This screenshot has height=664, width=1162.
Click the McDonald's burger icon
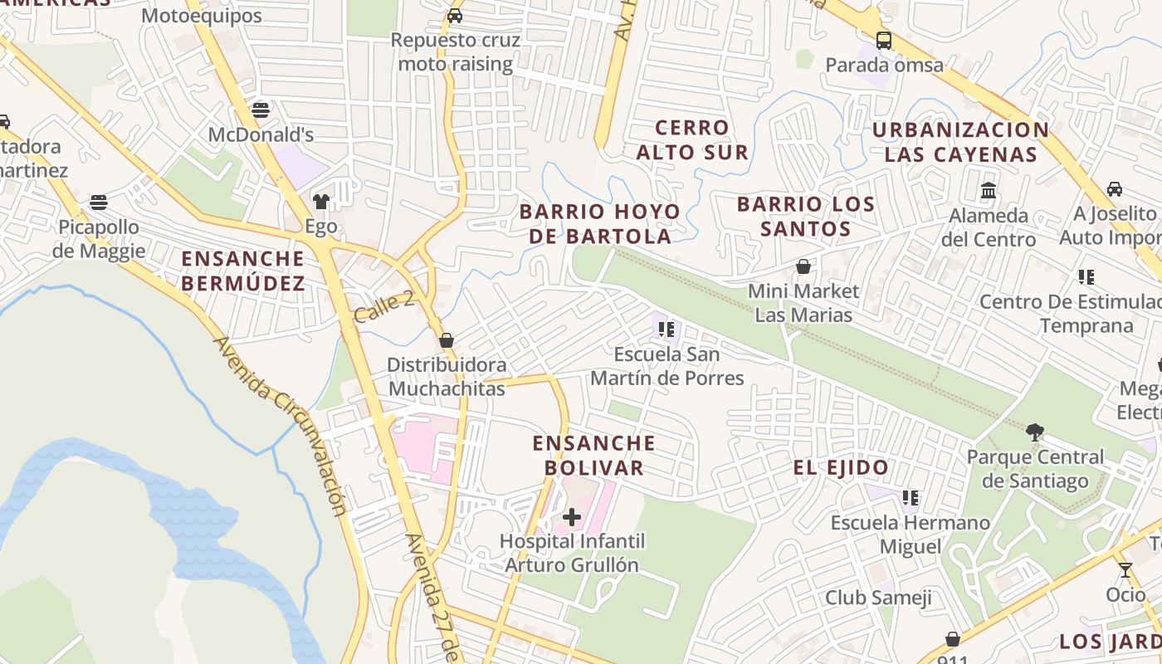[x=261, y=110]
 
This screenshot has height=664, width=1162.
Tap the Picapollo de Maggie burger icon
[x=99, y=202]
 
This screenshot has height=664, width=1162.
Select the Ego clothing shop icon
[x=320, y=201]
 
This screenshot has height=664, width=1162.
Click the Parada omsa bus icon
[x=884, y=40]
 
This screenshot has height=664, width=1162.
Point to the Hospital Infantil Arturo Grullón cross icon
[x=571, y=517]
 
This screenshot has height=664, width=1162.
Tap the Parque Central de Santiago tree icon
[x=1034, y=432]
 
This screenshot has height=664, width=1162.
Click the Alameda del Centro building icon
[x=988, y=190]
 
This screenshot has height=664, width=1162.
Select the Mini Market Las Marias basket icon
[x=803, y=266]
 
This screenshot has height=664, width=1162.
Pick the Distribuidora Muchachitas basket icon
[x=447, y=340]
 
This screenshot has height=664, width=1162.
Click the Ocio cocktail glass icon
[x=1125, y=570]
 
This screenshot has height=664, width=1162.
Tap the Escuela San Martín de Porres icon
[x=666, y=330]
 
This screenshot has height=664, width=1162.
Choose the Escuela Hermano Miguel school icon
[x=911, y=498]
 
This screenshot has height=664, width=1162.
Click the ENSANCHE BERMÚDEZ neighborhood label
[x=243, y=271]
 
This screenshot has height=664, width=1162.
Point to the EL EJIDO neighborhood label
[x=841, y=467]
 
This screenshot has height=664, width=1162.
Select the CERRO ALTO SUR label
[x=692, y=139]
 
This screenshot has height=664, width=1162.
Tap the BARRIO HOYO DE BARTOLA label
[x=599, y=224]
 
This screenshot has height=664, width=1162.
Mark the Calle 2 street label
[x=383, y=307]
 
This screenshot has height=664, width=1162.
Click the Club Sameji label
[x=878, y=598]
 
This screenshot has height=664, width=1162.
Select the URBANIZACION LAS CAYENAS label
[x=960, y=142]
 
